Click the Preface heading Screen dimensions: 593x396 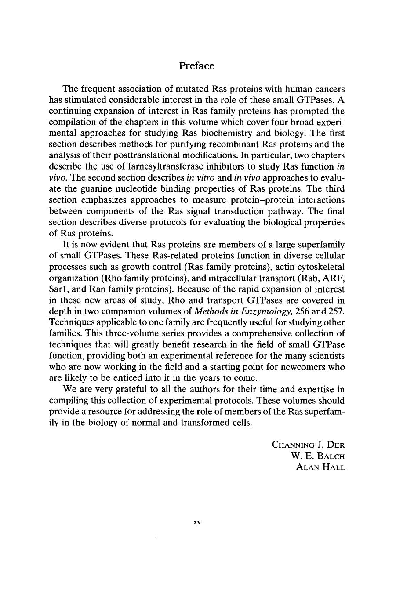197,66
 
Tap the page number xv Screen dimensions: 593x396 197,522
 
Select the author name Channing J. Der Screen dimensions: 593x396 309,444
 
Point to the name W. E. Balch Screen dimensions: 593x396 318,456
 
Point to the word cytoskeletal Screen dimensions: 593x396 320,267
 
